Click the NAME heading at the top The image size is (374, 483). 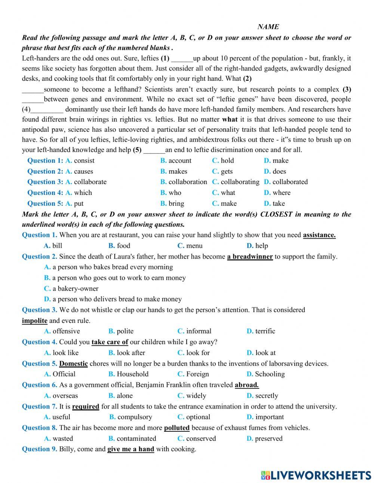268,27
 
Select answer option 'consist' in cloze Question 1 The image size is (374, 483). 84,161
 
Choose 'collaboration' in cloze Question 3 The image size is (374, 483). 187,182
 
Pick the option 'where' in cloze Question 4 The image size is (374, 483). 282,193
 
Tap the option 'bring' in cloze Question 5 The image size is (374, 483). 176,204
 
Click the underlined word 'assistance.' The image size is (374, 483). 319,235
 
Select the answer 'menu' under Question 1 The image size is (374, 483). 194,246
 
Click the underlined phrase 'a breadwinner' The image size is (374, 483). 250,257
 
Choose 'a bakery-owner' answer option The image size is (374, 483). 75,288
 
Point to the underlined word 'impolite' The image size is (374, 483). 34,321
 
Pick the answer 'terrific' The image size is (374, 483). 265,331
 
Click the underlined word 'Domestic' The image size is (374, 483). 73,363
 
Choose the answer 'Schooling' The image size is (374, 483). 270,374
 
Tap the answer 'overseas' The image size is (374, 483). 65,395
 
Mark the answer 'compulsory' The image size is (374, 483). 135,417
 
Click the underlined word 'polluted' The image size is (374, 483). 177,428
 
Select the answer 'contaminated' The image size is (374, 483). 137,438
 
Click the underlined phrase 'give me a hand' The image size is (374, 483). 131,449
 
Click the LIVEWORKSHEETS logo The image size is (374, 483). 316,475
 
